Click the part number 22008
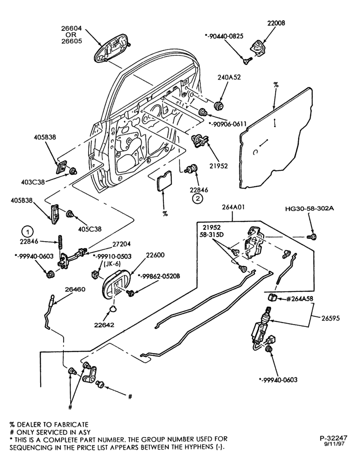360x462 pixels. pyautogui.click(x=276, y=23)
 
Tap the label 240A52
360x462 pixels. pyautogui.click(x=229, y=78)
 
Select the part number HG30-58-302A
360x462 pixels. pyautogui.click(x=309, y=209)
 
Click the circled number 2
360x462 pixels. pyautogui.click(x=198, y=199)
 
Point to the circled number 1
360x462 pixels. pyautogui.click(x=27, y=232)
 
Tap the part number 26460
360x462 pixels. pyautogui.click(x=75, y=289)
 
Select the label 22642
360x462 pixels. pyautogui.click(x=104, y=325)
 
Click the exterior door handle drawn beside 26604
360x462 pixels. pyautogui.click(x=113, y=47)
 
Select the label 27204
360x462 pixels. pyautogui.click(x=121, y=244)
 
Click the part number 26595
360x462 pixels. pyautogui.click(x=330, y=318)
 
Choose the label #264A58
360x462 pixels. pyautogui.click(x=299, y=299)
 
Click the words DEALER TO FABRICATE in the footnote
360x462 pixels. pyautogui.click(x=53, y=425)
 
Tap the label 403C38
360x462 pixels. pyautogui.click(x=33, y=182)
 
